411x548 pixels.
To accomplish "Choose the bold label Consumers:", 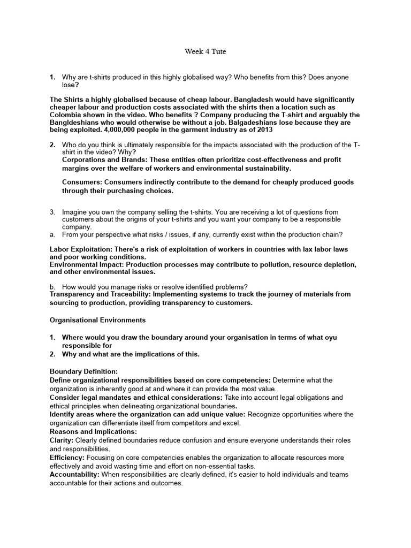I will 82,182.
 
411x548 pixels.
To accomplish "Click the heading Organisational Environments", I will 97,321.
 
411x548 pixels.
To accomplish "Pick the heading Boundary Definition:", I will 83,371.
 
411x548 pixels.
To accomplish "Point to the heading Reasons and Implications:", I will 93,431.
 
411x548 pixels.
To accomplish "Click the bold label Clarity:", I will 62,440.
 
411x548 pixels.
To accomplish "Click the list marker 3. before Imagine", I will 52,212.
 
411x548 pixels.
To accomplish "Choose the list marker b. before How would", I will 52,287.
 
